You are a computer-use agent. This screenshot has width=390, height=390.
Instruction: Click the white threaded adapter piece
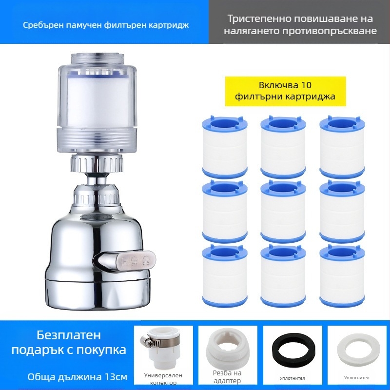pyautogui.click(x=227, y=350)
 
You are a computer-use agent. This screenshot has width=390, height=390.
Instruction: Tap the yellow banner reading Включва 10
pyautogui.click(x=286, y=91)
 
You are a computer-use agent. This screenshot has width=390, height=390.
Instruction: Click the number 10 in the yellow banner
pyautogui.click(x=306, y=85)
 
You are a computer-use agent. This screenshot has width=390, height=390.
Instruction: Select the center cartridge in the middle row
pyautogui.click(x=283, y=212)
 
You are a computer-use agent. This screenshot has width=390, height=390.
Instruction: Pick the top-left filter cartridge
pyautogui.click(x=225, y=147)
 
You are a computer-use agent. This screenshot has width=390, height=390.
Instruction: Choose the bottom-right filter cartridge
pyautogui.click(x=342, y=276)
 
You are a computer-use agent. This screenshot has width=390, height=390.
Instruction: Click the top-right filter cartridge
pyautogui.click(x=342, y=147)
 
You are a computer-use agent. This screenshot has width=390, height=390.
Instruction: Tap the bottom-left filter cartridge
pyautogui.click(x=225, y=276)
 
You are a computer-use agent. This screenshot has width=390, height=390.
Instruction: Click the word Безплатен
pyautogui.click(x=69, y=335)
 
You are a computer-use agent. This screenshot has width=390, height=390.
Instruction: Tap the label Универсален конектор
pyautogui.click(x=163, y=379)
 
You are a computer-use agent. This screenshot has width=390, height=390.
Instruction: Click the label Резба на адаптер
pyautogui.click(x=227, y=377)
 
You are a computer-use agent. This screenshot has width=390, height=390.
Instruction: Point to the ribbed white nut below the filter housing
pyautogui.click(x=97, y=163)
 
